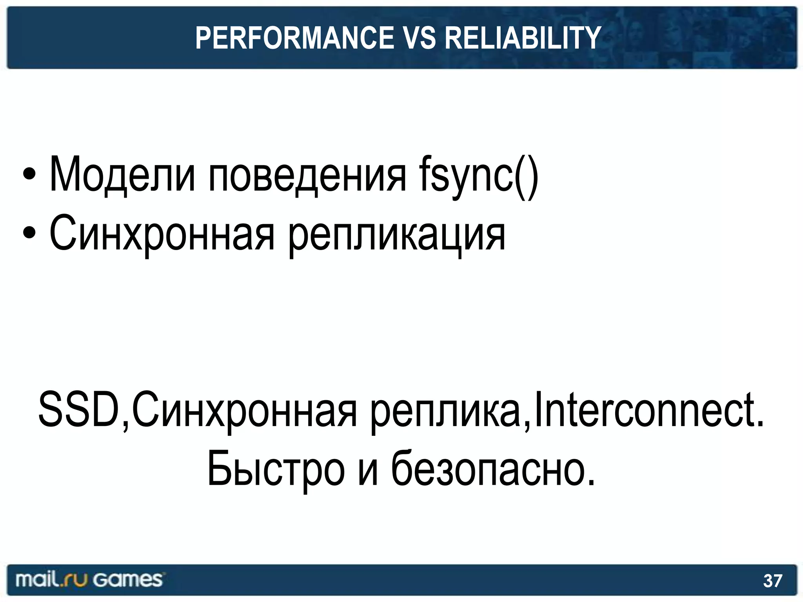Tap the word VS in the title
pos(419,38)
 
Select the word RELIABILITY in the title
pos(522,38)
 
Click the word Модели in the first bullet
pos(122,175)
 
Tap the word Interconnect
pos(649,410)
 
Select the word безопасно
pos(493,469)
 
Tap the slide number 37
pos(772,581)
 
